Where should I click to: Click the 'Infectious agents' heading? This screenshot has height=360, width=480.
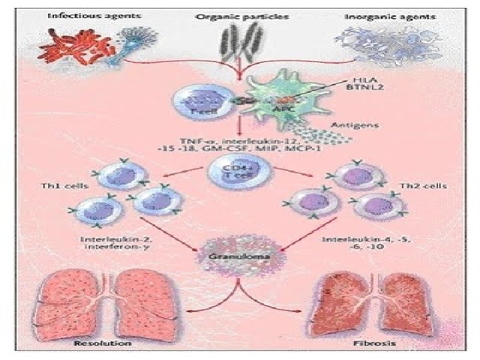tap(87, 15)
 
